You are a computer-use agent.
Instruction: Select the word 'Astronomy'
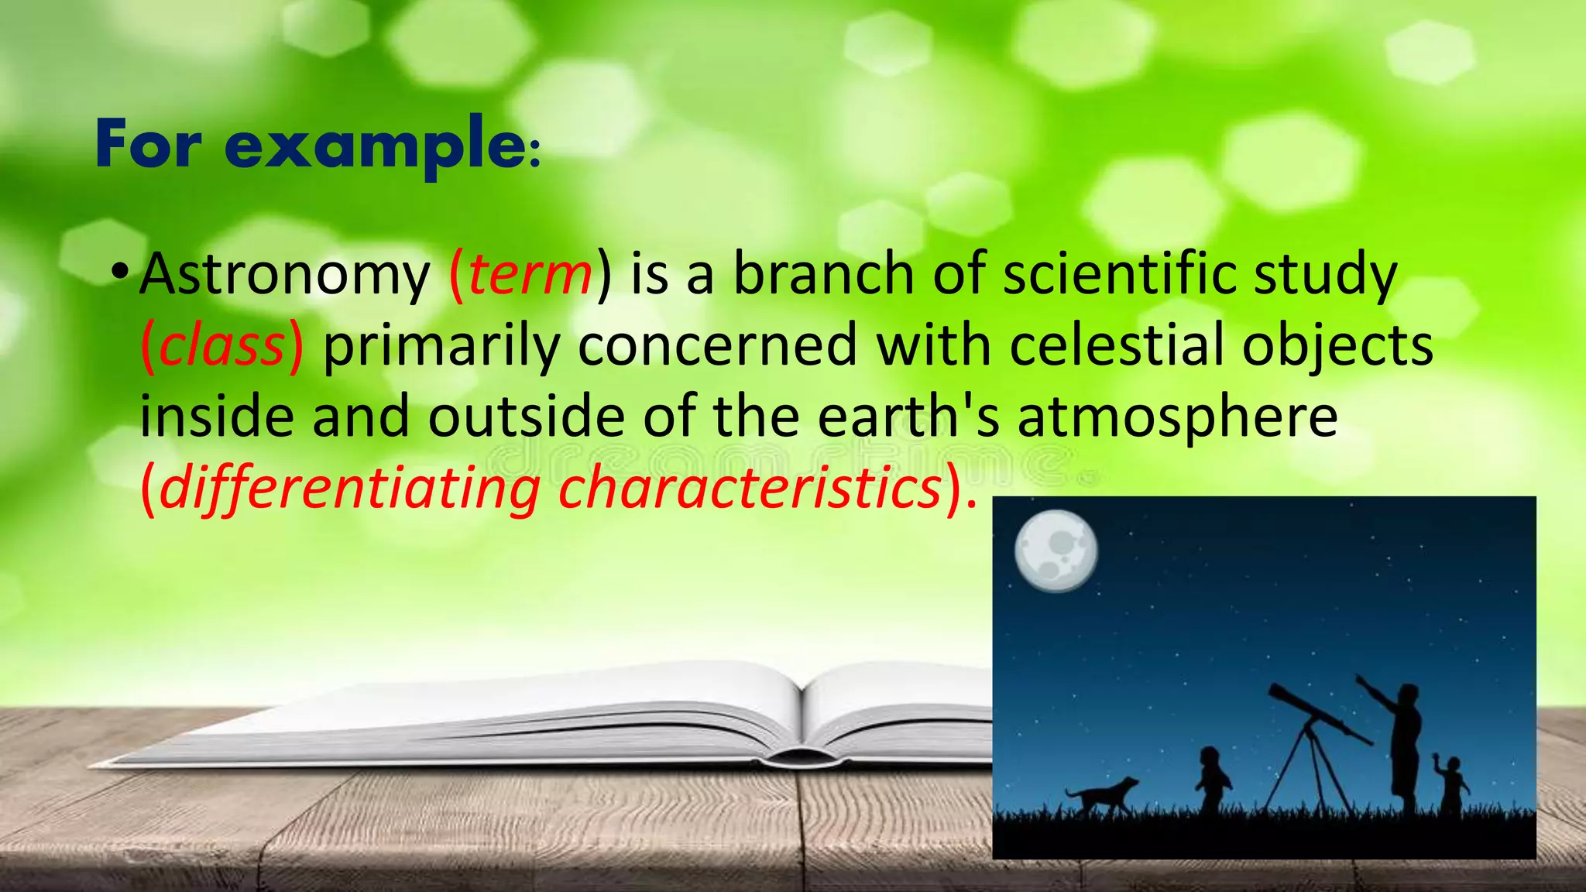pyautogui.click(x=284, y=275)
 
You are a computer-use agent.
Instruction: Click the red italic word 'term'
pyautogui.click(x=530, y=275)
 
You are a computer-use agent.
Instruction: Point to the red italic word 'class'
pyautogui.click(x=221, y=345)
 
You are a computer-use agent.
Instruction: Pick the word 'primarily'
pyautogui.click(x=441, y=347)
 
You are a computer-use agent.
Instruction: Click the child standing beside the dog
pyautogui.click(x=1210, y=778)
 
